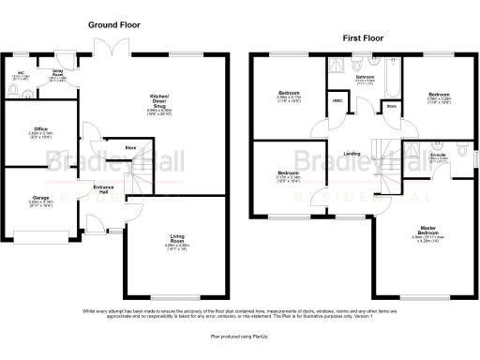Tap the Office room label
pyautogui.click(x=40, y=130)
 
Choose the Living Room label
pyautogui.click(x=176, y=240)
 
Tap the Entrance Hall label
pyautogui.click(x=103, y=191)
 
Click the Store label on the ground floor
pyautogui.click(x=131, y=146)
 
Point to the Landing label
pyautogui.click(x=352, y=155)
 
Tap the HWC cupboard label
pyautogui.click(x=336, y=98)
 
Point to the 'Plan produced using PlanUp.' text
pyautogui.click(x=238, y=335)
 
